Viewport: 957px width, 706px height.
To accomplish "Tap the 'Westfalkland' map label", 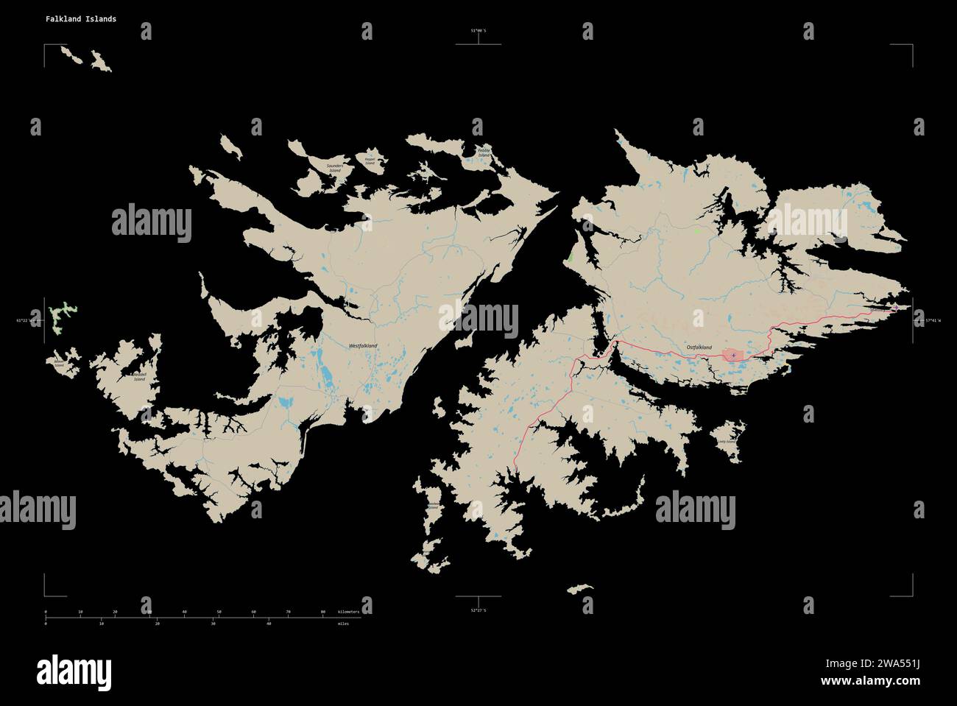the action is point(363,345).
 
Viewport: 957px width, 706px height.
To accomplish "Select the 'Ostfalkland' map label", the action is point(699,346).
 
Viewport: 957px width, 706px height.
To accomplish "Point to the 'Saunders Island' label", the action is point(340,168).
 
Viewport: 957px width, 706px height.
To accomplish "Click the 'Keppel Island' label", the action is point(370,160).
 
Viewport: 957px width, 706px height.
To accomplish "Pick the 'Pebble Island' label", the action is point(483,153).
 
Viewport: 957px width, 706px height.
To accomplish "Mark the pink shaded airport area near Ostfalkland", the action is point(733,356).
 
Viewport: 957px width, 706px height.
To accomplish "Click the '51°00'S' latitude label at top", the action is point(479,31).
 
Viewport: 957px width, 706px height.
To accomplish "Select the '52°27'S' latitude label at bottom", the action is point(478,610).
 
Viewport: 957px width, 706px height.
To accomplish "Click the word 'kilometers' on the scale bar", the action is point(349,612).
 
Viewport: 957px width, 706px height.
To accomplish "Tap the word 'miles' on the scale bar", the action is point(344,624).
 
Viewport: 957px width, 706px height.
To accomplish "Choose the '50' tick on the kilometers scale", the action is point(219,612).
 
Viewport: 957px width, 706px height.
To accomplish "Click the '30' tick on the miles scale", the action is point(213,624).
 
